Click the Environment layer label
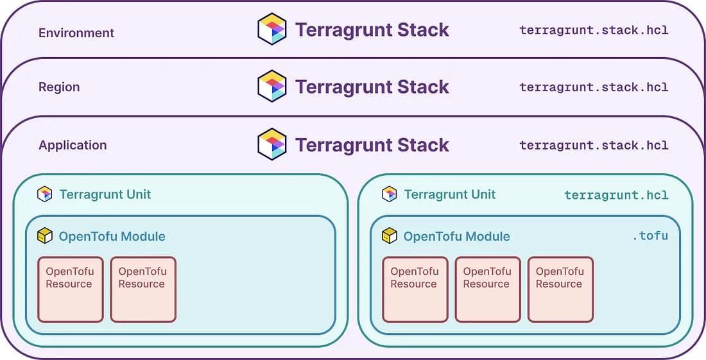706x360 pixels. point(76,33)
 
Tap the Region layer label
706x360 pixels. point(59,87)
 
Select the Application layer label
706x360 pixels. point(73,145)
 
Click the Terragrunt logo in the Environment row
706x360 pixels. point(272,29)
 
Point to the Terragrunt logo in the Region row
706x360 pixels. point(272,86)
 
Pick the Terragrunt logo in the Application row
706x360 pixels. point(272,144)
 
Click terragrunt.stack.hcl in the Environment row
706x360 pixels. point(594,30)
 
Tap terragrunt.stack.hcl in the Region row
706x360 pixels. point(594,87)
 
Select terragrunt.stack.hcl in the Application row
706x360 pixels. point(594,146)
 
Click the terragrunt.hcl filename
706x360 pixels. point(616,195)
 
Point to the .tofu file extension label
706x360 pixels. point(650,236)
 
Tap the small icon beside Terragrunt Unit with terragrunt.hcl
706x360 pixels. point(390,194)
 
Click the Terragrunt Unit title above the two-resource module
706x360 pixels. point(105,194)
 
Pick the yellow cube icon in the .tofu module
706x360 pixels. point(390,236)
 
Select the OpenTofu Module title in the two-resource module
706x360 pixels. point(112,236)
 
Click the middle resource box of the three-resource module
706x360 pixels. point(488,289)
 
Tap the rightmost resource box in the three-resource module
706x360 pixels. point(560,289)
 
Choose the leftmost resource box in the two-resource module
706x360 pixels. point(71,289)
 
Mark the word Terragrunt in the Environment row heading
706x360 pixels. point(343,30)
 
